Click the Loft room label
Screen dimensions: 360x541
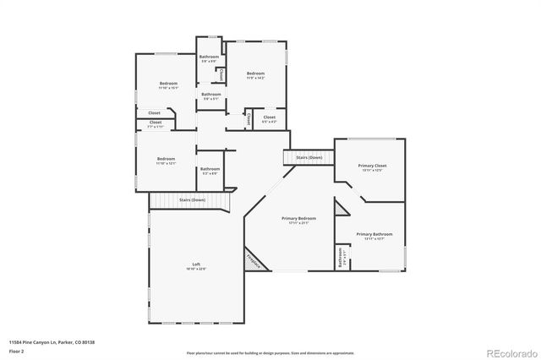[x=196, y=265]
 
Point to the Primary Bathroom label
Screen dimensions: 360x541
[x=374, y=234]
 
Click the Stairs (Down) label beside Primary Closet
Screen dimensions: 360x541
[x=309, y=157]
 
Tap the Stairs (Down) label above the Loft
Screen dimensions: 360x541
[x=192, y=199]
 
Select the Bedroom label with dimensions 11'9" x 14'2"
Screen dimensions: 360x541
[x=255, y=74]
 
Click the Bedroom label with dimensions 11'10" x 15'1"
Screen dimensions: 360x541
[x=168, y=83]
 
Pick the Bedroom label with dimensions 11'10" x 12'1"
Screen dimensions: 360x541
[x=166, y=158]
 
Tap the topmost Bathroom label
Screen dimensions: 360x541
[x=210, y=57]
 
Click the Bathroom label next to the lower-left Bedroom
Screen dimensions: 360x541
[x=210, y=169]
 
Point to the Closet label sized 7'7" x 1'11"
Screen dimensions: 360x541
[x=156, y=123]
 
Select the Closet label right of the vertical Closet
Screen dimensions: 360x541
[x=269, y=117]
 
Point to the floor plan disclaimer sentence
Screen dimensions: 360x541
[x=270, y=352]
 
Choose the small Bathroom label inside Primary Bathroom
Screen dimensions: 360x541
[x=341, y=261]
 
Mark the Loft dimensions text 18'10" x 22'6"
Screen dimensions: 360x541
[x=196, y=270]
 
